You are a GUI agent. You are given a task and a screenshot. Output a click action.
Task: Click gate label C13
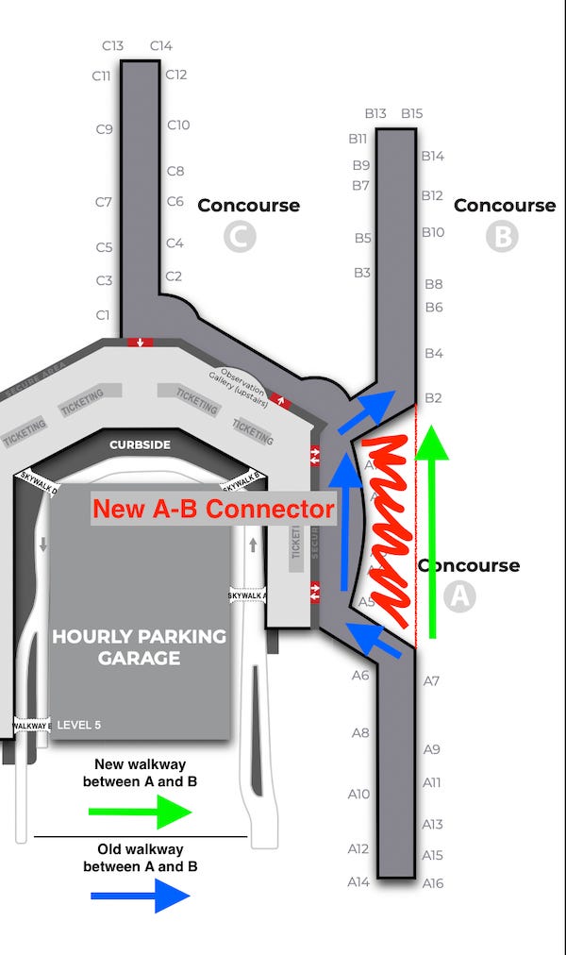pos(113,45)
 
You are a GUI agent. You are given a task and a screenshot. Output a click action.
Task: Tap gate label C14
pos(161,45)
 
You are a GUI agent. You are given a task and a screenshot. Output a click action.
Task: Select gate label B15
pos(412,113)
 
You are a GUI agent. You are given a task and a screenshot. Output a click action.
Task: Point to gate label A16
pos(433,883)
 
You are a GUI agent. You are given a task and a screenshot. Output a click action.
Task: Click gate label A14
pos(358,881)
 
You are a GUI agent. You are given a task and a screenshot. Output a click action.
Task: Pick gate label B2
pos(433,397)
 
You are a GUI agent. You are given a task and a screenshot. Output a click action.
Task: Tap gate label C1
pos(103,314)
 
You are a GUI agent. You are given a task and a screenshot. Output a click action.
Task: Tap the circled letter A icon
pos(459,596)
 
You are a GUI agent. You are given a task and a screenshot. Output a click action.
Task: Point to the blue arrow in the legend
pos(140,895)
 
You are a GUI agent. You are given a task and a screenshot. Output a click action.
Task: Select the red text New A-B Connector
pos(213,510)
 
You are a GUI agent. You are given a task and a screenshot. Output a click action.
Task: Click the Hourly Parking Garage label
pos(140,646)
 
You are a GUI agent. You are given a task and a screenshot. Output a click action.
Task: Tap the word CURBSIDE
pos(140,444)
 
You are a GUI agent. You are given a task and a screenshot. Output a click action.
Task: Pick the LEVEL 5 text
pos(79,726)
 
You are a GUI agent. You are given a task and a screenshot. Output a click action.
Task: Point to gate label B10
pos(433,232)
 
